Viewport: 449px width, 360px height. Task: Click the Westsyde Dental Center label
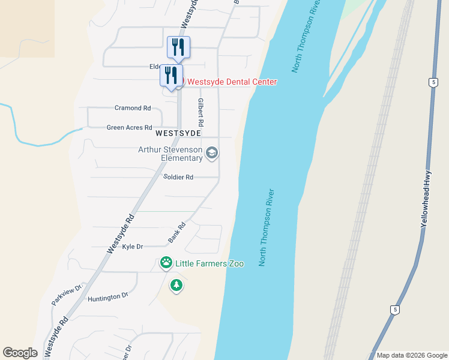[x=232, y=82]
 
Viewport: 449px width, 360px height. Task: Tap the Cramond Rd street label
[x=133, y=108]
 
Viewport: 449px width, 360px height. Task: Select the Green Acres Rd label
[x=128, y=128]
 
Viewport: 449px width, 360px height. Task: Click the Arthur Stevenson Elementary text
[x=170, y=154]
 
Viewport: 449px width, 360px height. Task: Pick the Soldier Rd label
[x=178, y=177]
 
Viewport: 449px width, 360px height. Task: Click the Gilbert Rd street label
[x=201, y=112]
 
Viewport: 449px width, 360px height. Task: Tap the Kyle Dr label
[x=132, y=247]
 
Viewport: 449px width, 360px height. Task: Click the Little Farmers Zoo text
[x=209, y=263]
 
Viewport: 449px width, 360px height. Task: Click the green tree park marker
[x=176, y=285]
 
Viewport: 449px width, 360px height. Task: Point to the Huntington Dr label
[x=108, y=296]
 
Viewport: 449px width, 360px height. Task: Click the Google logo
[x=20, y=353]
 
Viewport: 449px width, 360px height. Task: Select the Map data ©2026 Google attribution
[x=412, y=355]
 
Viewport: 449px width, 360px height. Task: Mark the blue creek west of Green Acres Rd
[x=36, y=144]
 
